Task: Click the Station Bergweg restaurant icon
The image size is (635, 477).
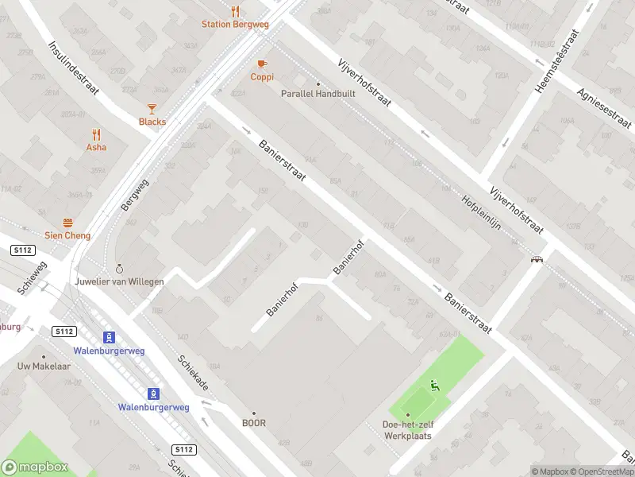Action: pyautogui.click(x=235, y=12)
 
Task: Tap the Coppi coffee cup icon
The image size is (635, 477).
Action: pyautogui.click(x=262, y=64)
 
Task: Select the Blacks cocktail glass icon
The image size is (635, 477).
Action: pyautogui.click(x=152, y=109)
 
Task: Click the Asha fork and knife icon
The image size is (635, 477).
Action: pyautogui.click(x=97, y=134)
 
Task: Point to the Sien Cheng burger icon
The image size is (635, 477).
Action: pyautogui.click(x=67, y=223)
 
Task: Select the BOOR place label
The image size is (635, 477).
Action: pyautogui.click(x=254, y=423)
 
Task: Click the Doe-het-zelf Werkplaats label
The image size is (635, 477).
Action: pyautogui.click(x=407, y=429)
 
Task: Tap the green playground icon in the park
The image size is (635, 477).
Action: pyautogui.click(x=434, y=386)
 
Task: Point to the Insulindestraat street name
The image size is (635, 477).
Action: pyautogui.click(x=73, y=68)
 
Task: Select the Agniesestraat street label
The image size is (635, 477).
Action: pyautogui.click(x=605, y=108)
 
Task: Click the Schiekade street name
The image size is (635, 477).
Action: pyautogui.click(x=193, y=372)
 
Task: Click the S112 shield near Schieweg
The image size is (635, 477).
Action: pyautogui.click(x=22, y=250)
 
